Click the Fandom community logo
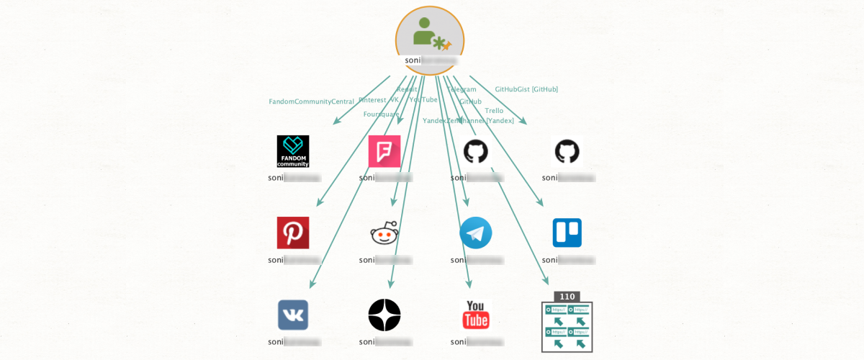[293, 151]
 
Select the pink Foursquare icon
[384, 151]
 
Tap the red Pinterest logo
[293, 233]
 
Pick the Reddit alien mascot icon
[384, 233]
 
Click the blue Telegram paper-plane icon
[475, 233]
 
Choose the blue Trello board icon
[567, 233]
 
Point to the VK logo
[293, 315]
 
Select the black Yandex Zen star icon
[384, 315]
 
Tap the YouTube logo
[475, 315]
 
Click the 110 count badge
[567, 296]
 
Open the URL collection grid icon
[567, 328]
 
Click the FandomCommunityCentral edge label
[312, 102]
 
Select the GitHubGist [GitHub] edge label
[526, 89]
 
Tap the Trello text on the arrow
[494, 111]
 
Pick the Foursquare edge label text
[381, 114]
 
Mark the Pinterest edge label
[372, 100]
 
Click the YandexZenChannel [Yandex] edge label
[468, 121]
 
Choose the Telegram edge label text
[462, 89]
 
